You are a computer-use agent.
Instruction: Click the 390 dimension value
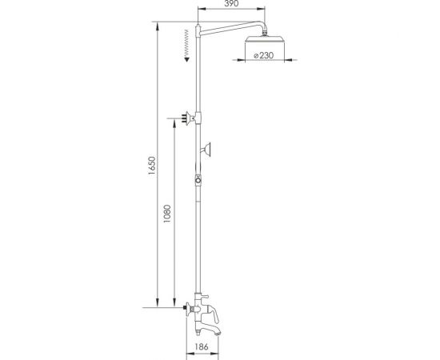(231, 3)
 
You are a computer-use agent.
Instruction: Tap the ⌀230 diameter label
(263, 55)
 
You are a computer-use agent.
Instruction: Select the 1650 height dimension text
(152, 166)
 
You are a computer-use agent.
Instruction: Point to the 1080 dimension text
(167, 214)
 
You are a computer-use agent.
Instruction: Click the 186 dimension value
(202, 346)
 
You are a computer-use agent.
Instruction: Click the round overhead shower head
(265, 39)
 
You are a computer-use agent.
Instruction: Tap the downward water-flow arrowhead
(186, 59)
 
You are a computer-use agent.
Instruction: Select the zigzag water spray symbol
(186, 43)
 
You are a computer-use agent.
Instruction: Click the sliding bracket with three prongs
(188, 118)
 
